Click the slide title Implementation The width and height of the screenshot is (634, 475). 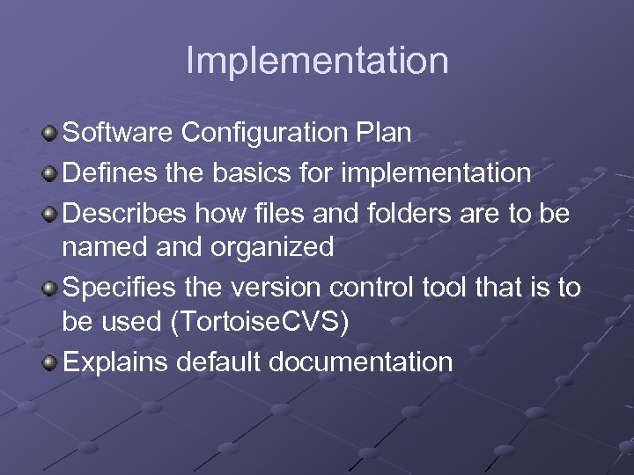pyautogui.click(x=317, y=61)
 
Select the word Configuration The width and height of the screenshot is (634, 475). pyautogui.click(x=267, y=133)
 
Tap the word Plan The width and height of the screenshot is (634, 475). pyautogui.click(x=385, y=133)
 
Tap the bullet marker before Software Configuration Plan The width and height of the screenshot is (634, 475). pyautogui.click(x=50, y=134)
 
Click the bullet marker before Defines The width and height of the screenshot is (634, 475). pyautogui.click(x=50, y=173)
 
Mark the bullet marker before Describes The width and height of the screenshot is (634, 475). pyautogui.click(x=50, y=213)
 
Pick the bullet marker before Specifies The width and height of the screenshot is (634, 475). pyautogui.click(x=50, y=289)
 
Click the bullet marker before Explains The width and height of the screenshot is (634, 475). pyautogui.click(x=50, y=362)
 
